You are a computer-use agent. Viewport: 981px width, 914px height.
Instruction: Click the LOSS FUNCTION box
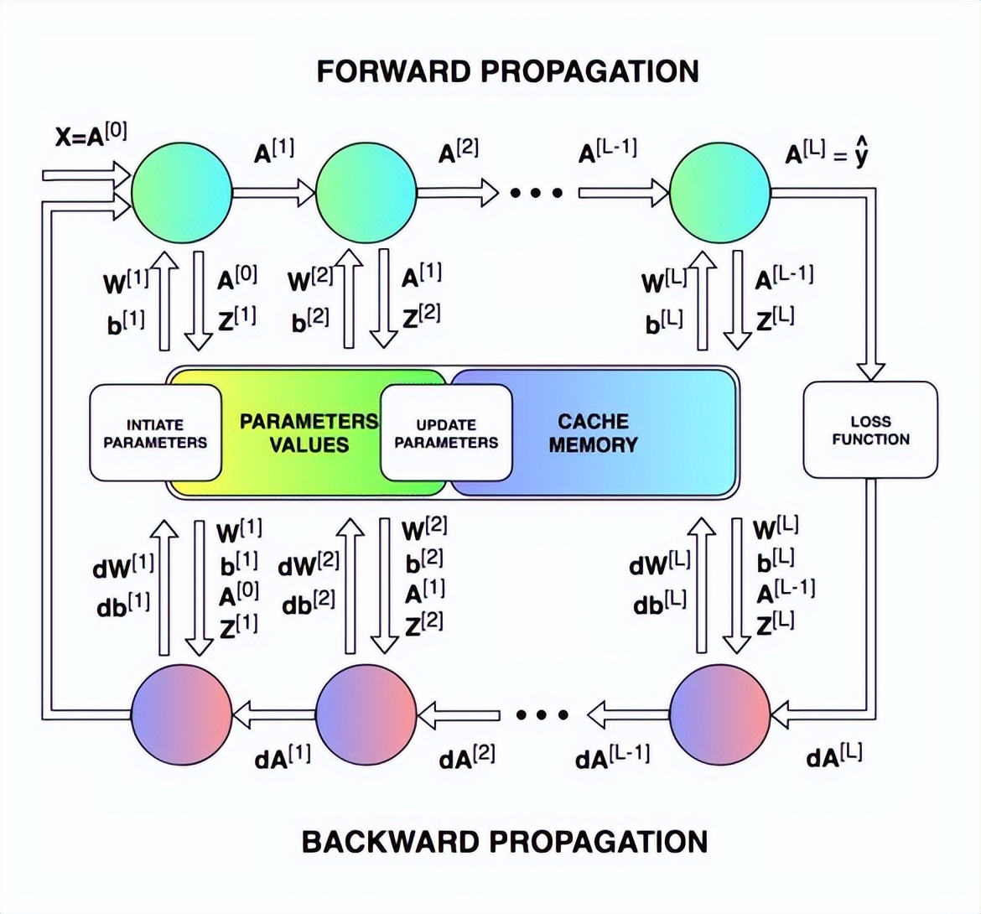pyautogui.click(x=870, y=430)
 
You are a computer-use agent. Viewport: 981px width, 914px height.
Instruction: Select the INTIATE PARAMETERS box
pyautogui.click(x=155, y=433)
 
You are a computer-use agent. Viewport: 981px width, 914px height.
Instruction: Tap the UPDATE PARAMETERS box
pyautogui.click(x=446, y=433)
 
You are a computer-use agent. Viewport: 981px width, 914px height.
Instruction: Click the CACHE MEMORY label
pyautogui.click(x=593, y=433)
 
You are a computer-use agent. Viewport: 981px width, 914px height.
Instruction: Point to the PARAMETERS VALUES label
pyautogui.click(x=309, y=432)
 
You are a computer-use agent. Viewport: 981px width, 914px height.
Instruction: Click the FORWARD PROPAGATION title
pyautogui.click(x=507, y=71)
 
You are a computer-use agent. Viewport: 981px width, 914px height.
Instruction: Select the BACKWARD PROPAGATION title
pyautogui.click(x=505, y=841)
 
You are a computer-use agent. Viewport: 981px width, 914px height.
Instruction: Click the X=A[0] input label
pyautogui.click(x=91, y=134)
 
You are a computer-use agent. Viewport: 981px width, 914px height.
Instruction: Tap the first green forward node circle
pyautogui.click(x=182, y=193)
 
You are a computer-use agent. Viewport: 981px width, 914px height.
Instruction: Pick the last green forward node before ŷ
pyautogui.click(x=719, y=193)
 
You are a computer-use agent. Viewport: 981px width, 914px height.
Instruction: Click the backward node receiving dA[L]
pyautogui.click(x=719, y=715)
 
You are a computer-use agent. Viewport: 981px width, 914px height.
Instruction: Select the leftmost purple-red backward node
pyautogui.click(x=182, y=715)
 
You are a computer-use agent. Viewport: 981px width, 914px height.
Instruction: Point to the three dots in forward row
pyautogui.click(x=537, y=194)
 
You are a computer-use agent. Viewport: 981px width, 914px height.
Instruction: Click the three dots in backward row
pyautogui.click(x=542, y=715)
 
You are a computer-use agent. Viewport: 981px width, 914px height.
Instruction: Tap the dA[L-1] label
pyautogui.click(x=612, y=757)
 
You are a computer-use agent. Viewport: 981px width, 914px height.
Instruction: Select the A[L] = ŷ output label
pyautogui.click(x=826, y=155)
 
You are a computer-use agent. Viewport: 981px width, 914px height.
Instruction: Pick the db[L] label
pyautogui.click(x=660, y=602)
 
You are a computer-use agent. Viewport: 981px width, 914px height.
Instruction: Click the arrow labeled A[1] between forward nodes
pyautogui.click(x=273, y=193)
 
